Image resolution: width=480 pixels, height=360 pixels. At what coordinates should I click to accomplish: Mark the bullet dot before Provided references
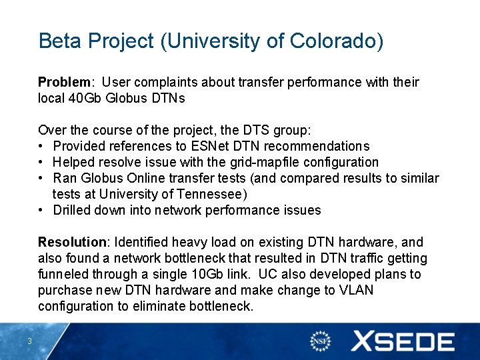point(42,147)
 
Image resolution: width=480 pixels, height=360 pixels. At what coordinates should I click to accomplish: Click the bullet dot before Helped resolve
point(42,163)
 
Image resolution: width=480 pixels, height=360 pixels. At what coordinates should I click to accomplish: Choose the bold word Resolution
point(71,243)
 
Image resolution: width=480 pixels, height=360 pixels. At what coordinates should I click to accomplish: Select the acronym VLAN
point(356,291)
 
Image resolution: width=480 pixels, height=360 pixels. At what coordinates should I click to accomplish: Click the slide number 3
point(30,342)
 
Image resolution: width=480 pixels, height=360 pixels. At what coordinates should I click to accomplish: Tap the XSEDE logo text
point(403,342)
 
